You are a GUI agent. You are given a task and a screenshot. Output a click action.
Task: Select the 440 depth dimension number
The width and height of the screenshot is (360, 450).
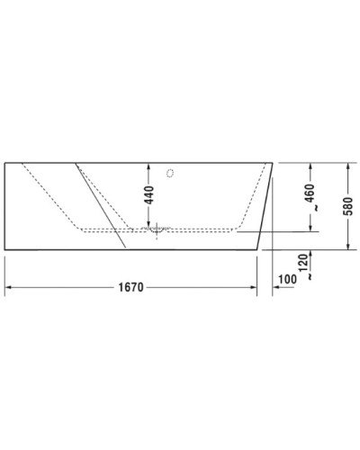pos(149,194)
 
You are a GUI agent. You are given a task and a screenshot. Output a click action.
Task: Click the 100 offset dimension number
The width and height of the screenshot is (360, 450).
pos(288,281)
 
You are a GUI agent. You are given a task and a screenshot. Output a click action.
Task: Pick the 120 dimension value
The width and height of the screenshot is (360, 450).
pos(310,263)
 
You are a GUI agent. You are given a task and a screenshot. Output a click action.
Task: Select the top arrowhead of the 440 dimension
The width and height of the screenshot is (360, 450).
pos(149,167)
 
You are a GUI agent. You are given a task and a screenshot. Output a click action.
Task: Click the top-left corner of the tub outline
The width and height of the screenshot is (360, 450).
pos(5,163)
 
